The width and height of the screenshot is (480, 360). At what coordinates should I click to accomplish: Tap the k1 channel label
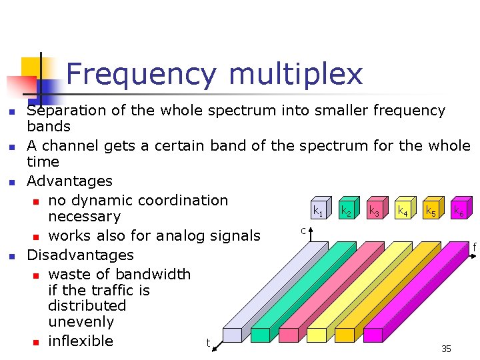(x=319, y=212)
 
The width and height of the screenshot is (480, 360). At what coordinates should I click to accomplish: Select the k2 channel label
(x=347, y=212)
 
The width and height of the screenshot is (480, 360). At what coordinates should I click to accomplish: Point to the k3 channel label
(x=375, y=212)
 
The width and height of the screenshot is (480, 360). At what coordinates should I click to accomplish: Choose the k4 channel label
(x=403, y=212)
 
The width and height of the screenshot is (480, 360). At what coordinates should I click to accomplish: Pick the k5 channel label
(x=431, y=212)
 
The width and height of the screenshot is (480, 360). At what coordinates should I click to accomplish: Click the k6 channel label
(x=459, y=212)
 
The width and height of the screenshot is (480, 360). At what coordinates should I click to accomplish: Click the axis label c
(x=303, y=231)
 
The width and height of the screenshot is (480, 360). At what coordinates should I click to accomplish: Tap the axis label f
(x=474, y=248)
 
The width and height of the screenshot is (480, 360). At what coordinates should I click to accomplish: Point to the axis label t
(x=208, y=343)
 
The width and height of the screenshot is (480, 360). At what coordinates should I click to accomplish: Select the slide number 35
(x=446, y=349)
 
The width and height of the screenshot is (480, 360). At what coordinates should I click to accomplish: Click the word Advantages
(x=69, y=181)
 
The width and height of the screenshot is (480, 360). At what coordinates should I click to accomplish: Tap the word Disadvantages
(x=80, y=255)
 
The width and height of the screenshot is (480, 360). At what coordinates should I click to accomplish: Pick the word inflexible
(x=81, y=341)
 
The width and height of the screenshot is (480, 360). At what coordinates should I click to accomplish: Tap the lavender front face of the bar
(x=232, y=335)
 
